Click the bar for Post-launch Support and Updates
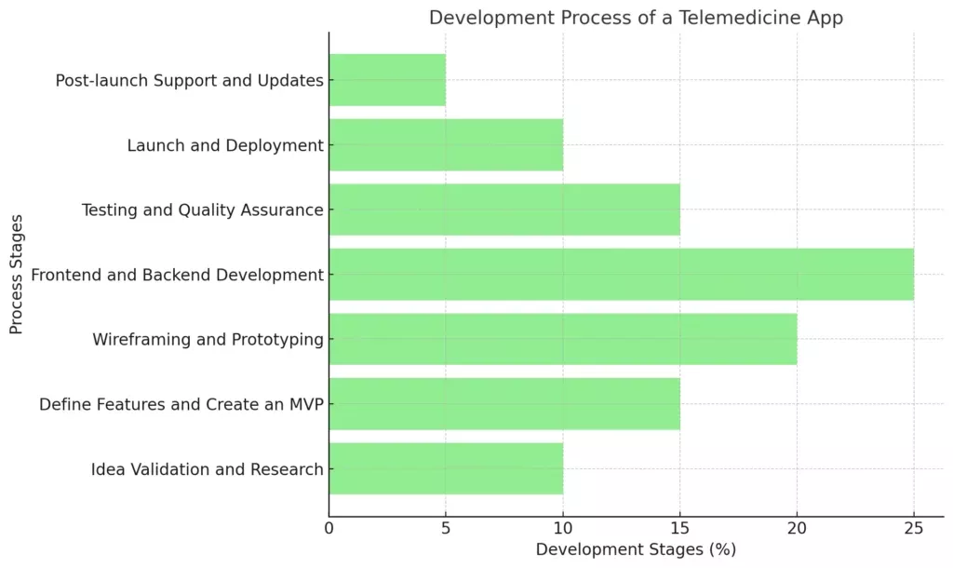(387, 80)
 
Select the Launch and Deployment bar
(446, 144)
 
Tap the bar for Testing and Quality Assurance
(504, 210)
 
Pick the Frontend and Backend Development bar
(621, 274)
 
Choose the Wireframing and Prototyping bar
(562, 339)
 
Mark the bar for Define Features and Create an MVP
(504, 403)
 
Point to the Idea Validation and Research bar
(446, 468)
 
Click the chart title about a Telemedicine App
(636, 18)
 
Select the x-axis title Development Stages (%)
(636, 549)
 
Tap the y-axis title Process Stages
(16, 275)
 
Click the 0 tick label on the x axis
(329, 529)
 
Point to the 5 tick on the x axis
(446, 529)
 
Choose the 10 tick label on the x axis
(562, 529)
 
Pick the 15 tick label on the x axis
(679, 529)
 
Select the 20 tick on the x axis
(797, 529)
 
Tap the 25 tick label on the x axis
(913, 529)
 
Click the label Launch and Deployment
(225, 145)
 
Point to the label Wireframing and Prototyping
(208, 340)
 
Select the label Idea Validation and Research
(207, 469)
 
